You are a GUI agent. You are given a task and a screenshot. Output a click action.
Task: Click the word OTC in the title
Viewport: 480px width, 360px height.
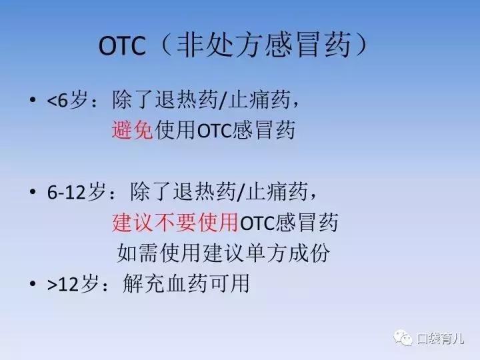pyautogui.click(x=122, y=47)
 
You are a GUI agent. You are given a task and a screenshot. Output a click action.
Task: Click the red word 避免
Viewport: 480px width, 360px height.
pyautogui.click(x=133, y=129)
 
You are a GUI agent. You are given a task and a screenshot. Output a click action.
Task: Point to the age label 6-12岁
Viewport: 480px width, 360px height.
pyautogui.click(x=77, y=193)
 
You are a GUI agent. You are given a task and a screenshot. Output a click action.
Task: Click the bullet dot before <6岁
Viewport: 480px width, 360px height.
pyautogui.click(x=31, y=102)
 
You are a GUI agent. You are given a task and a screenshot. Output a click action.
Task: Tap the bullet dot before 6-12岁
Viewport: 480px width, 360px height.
pyautogui.click(x=31, y=193)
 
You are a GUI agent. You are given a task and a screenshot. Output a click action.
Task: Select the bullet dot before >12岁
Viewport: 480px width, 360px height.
pyautogui.click(x=31, y=285)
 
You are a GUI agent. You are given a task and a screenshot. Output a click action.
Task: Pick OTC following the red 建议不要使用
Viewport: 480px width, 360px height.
pyautogui.click(x=256, y=223)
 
